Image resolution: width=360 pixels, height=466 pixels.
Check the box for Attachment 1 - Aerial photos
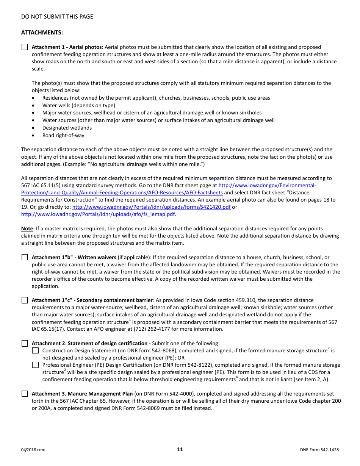click(25, 47)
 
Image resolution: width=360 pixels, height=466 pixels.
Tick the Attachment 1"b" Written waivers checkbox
click(25, 257)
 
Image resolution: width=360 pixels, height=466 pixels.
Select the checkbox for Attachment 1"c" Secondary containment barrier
click(25, 300)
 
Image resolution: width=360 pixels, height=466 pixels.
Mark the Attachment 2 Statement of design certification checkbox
click(25, 344)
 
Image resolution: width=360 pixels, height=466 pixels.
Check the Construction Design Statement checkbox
click(35, 351)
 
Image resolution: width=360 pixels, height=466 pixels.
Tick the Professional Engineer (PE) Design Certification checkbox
click(35, 365)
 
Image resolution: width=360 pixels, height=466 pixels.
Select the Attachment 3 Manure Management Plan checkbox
click(25, 394)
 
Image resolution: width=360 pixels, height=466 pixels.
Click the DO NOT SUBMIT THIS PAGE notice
click(57, 17)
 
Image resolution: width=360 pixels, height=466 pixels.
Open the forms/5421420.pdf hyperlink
click(151, 207)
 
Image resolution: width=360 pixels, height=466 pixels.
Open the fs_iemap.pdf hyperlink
click(98, 214)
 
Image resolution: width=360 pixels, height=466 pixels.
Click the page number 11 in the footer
click(180, 450)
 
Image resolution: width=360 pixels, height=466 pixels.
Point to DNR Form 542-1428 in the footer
click(319, 450)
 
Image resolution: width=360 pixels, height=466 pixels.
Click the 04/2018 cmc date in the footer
click(33, 450)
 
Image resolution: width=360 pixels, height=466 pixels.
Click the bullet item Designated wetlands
click(67, 128)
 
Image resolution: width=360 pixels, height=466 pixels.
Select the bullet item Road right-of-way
click(63, 136)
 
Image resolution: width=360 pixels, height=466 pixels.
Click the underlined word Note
click(27, 229)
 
